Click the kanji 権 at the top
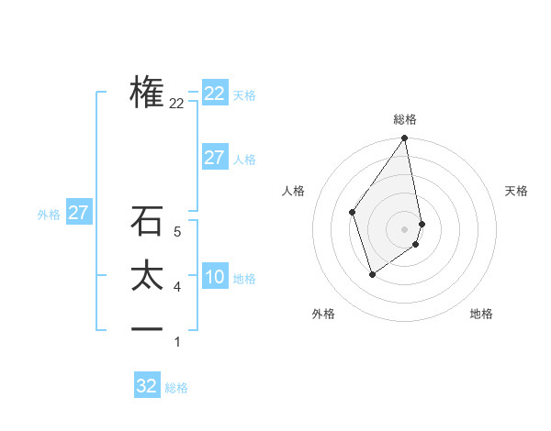tap(147, 92)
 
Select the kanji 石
tap(147, 221)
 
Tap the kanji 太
tap(147, 276)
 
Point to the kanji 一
tap(147, 329)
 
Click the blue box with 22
tap(214, 94)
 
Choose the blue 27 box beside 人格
tap(214, 158)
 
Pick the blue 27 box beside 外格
tap(78, 214)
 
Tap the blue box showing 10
tap(214, 277)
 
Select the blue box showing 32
tap(147, 386)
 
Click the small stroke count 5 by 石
tap(177, 233)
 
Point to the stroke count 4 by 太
tap(177, 287)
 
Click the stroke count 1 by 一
tap(177, 342)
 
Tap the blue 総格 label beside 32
tap(176, 388)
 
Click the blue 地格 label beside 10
tap(244, 279)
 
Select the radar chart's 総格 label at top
tap(405, 119)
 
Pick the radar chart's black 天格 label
tap(516, 191)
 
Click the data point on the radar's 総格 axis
tap(405, 139)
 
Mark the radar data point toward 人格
tap(352, 212)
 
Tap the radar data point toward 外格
tap(372, 273)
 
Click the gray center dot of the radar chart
tap(405, 228)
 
